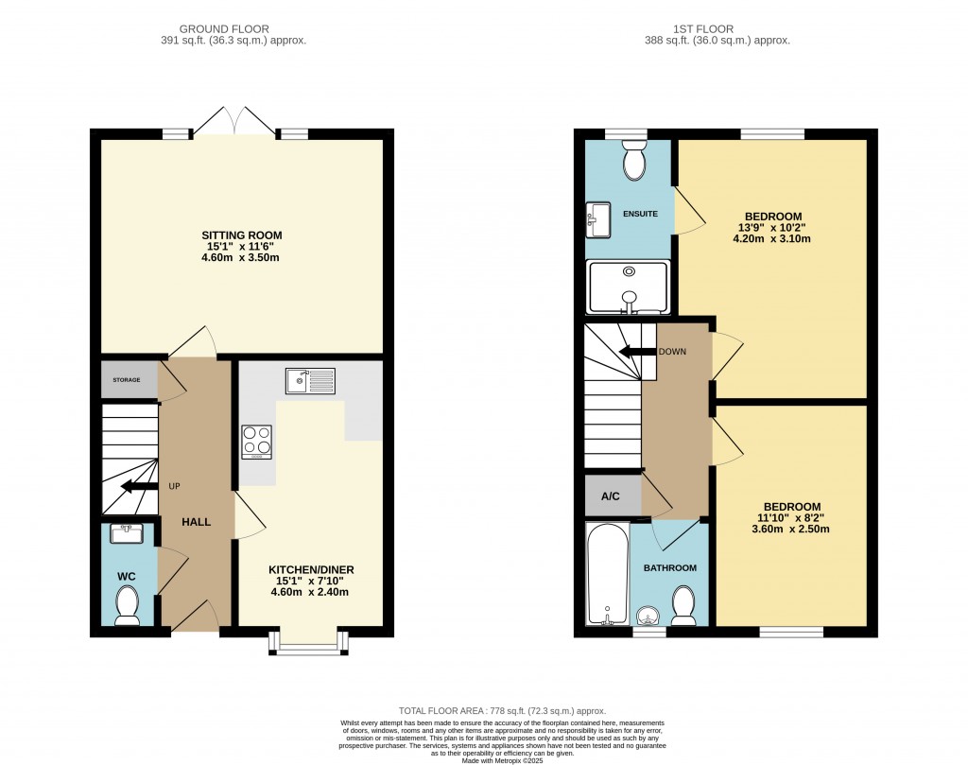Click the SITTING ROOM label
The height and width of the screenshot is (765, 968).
(241, 235)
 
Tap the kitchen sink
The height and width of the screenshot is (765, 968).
(309, 381)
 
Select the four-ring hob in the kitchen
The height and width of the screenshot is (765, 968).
(257, 442)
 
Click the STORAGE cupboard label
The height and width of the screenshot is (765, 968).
(127, 380)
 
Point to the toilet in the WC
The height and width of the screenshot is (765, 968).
(127, 605)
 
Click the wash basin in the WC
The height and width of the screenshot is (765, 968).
(126, 534)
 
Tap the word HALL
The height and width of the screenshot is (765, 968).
(197, 522)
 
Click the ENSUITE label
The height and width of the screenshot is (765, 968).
(640, 214)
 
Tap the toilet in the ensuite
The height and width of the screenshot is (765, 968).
(634, 162)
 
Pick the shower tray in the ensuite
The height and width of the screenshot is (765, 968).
(628, 287)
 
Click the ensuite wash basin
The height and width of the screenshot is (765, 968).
(598, 218)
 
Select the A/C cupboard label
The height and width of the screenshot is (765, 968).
(611, 496)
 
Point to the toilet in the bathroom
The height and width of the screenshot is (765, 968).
(683, 604)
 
